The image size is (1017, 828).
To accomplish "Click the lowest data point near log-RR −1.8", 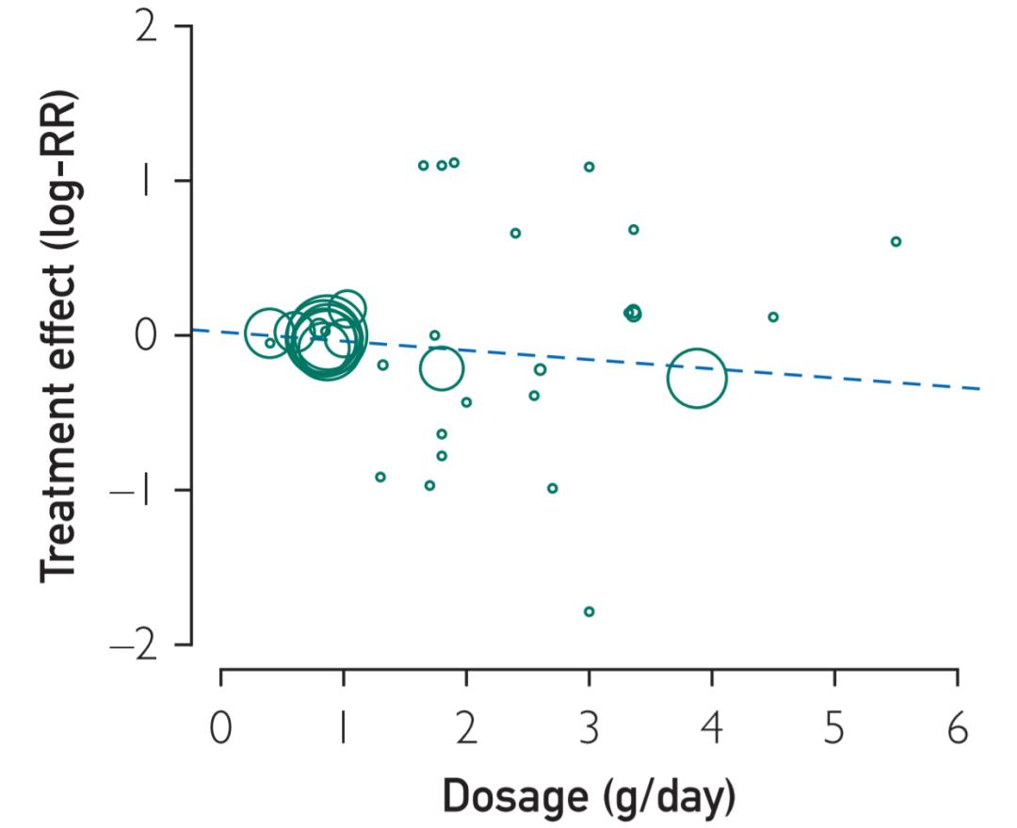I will tap(589, 611).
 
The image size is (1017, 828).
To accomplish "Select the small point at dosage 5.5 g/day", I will tap(896, 242).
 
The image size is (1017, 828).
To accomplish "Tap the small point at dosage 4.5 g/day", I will tap(773, 317).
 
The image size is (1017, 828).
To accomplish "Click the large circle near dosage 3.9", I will tap(697, 378).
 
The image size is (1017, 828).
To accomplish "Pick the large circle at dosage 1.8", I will tap(441, 369).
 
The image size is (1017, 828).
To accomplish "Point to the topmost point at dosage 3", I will tap(589, 167).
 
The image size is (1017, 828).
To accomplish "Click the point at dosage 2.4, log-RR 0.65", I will tap(515, 234).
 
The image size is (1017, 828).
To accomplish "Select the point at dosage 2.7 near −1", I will tap(553, 488).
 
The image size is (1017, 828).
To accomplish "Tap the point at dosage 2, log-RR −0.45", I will tap(466, 402).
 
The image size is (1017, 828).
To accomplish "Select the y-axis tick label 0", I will tap(147, 336).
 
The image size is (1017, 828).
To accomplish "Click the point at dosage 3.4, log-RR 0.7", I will tap(634, 230).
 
